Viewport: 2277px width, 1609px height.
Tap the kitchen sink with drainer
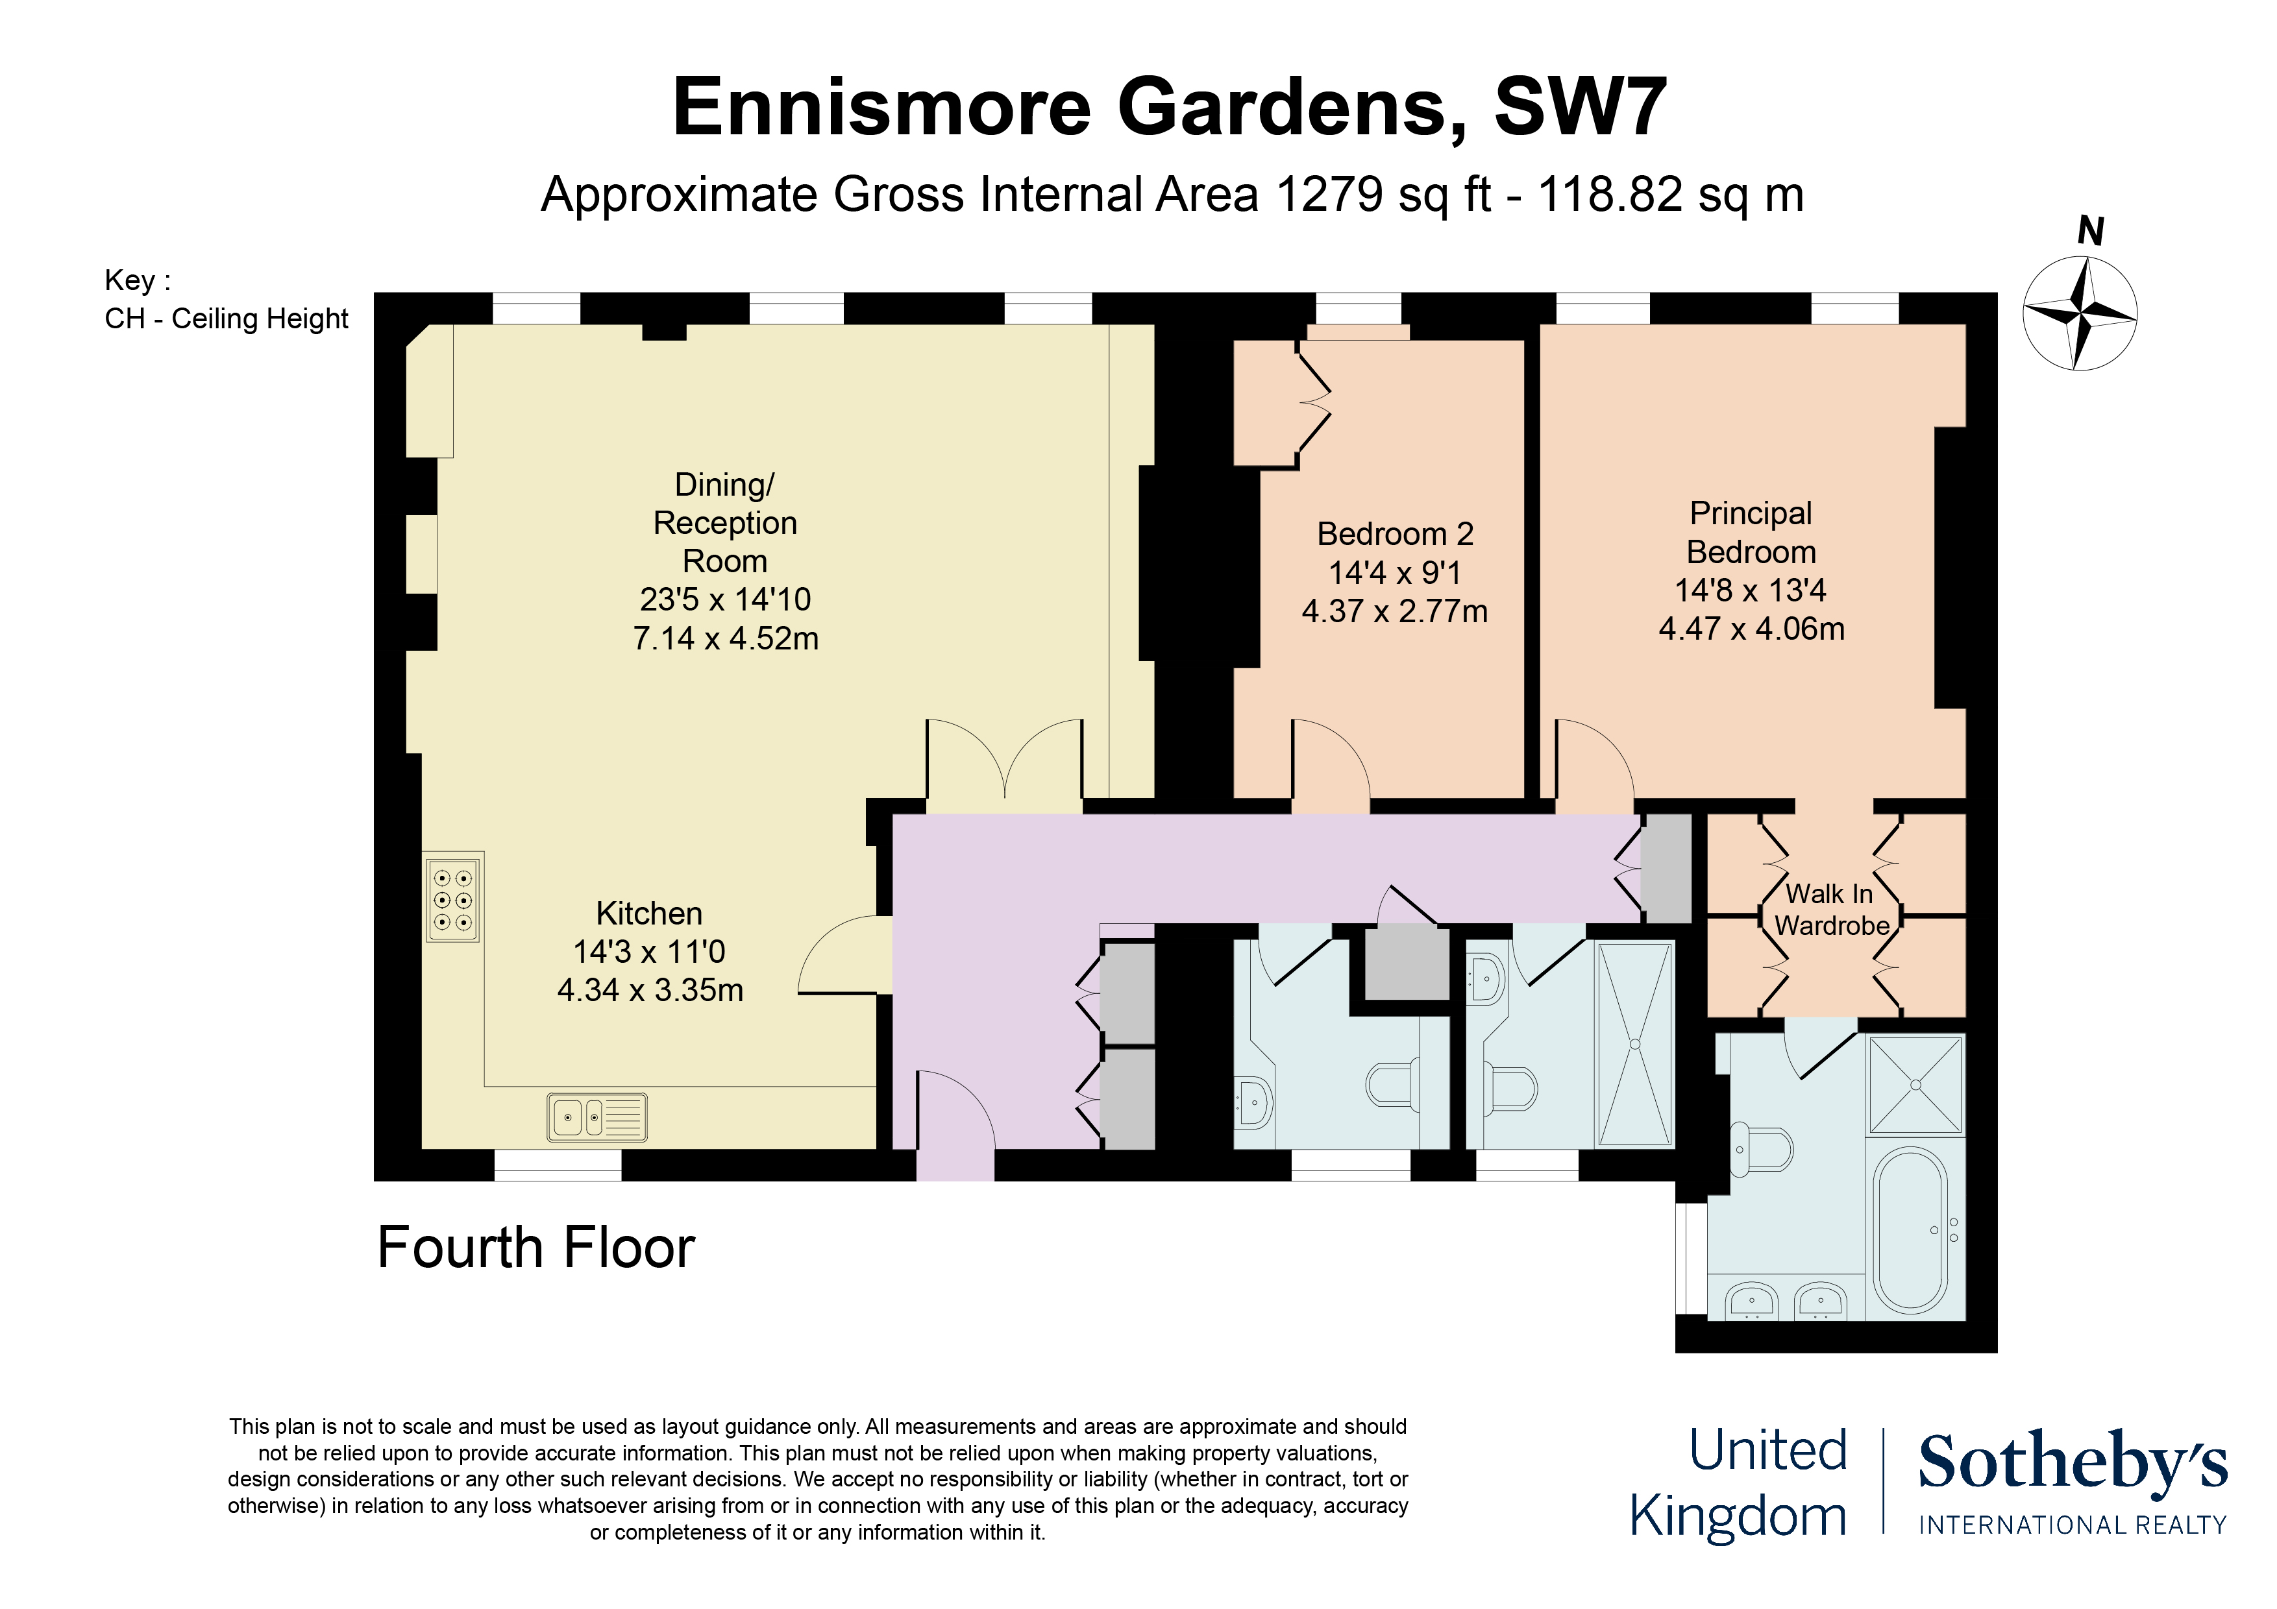597,1117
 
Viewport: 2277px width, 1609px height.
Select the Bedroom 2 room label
1394,535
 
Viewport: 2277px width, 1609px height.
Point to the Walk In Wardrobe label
1830,909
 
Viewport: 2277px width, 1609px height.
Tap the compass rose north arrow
2080,313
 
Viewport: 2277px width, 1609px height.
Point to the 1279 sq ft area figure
1383,194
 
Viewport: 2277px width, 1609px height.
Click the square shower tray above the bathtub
1915,1085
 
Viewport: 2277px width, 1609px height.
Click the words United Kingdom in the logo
1738,1483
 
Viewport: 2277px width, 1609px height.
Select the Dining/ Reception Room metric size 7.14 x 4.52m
725,638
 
